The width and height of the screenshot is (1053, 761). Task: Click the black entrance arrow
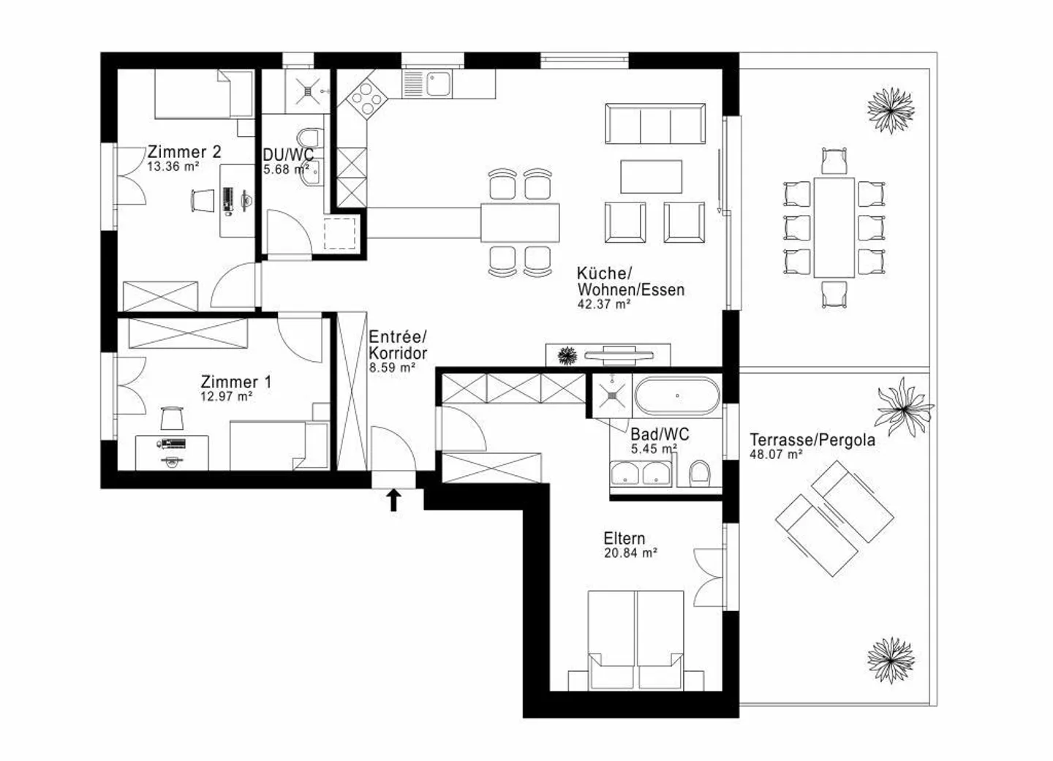pyautogui.click(x=394, y=500)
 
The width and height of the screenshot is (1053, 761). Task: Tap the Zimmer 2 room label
pyautogui.click(x=184, y=152)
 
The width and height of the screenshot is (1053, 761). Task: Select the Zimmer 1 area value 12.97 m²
pyautogui.click(x=227, y=397)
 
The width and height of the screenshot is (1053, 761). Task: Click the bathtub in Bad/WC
pyautogui.click(x=677, y=395)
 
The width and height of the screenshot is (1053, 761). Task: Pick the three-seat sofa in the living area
pyautogui.click(x=655, y=124)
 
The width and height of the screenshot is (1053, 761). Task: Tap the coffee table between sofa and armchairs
pyautogui.click(x=651, y=176)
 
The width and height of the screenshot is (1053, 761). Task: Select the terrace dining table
pyautogui.click(x=834, y=227)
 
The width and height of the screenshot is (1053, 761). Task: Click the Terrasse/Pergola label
pyautogui.click(x=812, y=440)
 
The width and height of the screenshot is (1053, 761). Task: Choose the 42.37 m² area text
pyautogui.click(x=604, y=304)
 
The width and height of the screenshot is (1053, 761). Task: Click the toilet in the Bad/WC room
pyautogui.click(x=700, y=473)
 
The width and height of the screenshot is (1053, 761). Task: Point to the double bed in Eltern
pyautogui.click(x=635, y=640)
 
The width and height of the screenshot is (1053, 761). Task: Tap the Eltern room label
pyautogui.click(x=624, y=538)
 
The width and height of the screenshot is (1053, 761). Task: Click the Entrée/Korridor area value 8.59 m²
pyautogui.click(x=392, y=368)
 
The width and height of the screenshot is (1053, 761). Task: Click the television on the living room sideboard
pyautogui.click(x=619, y=355)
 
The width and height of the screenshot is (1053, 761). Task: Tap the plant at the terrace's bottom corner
pyautogui.click(x=891, y=660)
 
